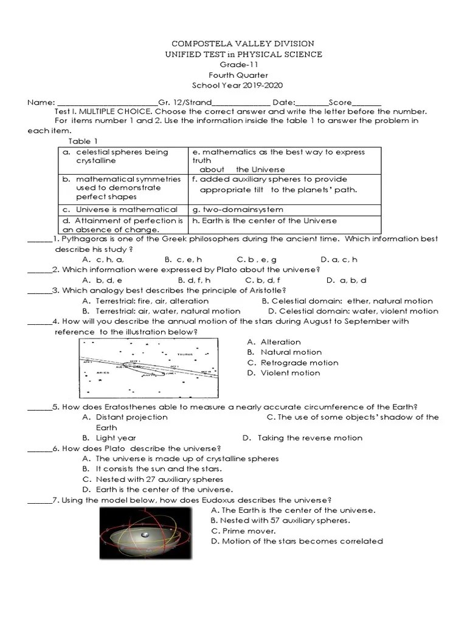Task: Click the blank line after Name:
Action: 107,103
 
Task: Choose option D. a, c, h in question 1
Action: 339,259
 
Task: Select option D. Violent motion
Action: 283,373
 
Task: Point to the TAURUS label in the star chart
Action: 185,353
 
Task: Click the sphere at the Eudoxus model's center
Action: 145,535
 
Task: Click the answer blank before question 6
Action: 40,448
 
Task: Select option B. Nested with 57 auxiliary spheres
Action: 280,520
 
